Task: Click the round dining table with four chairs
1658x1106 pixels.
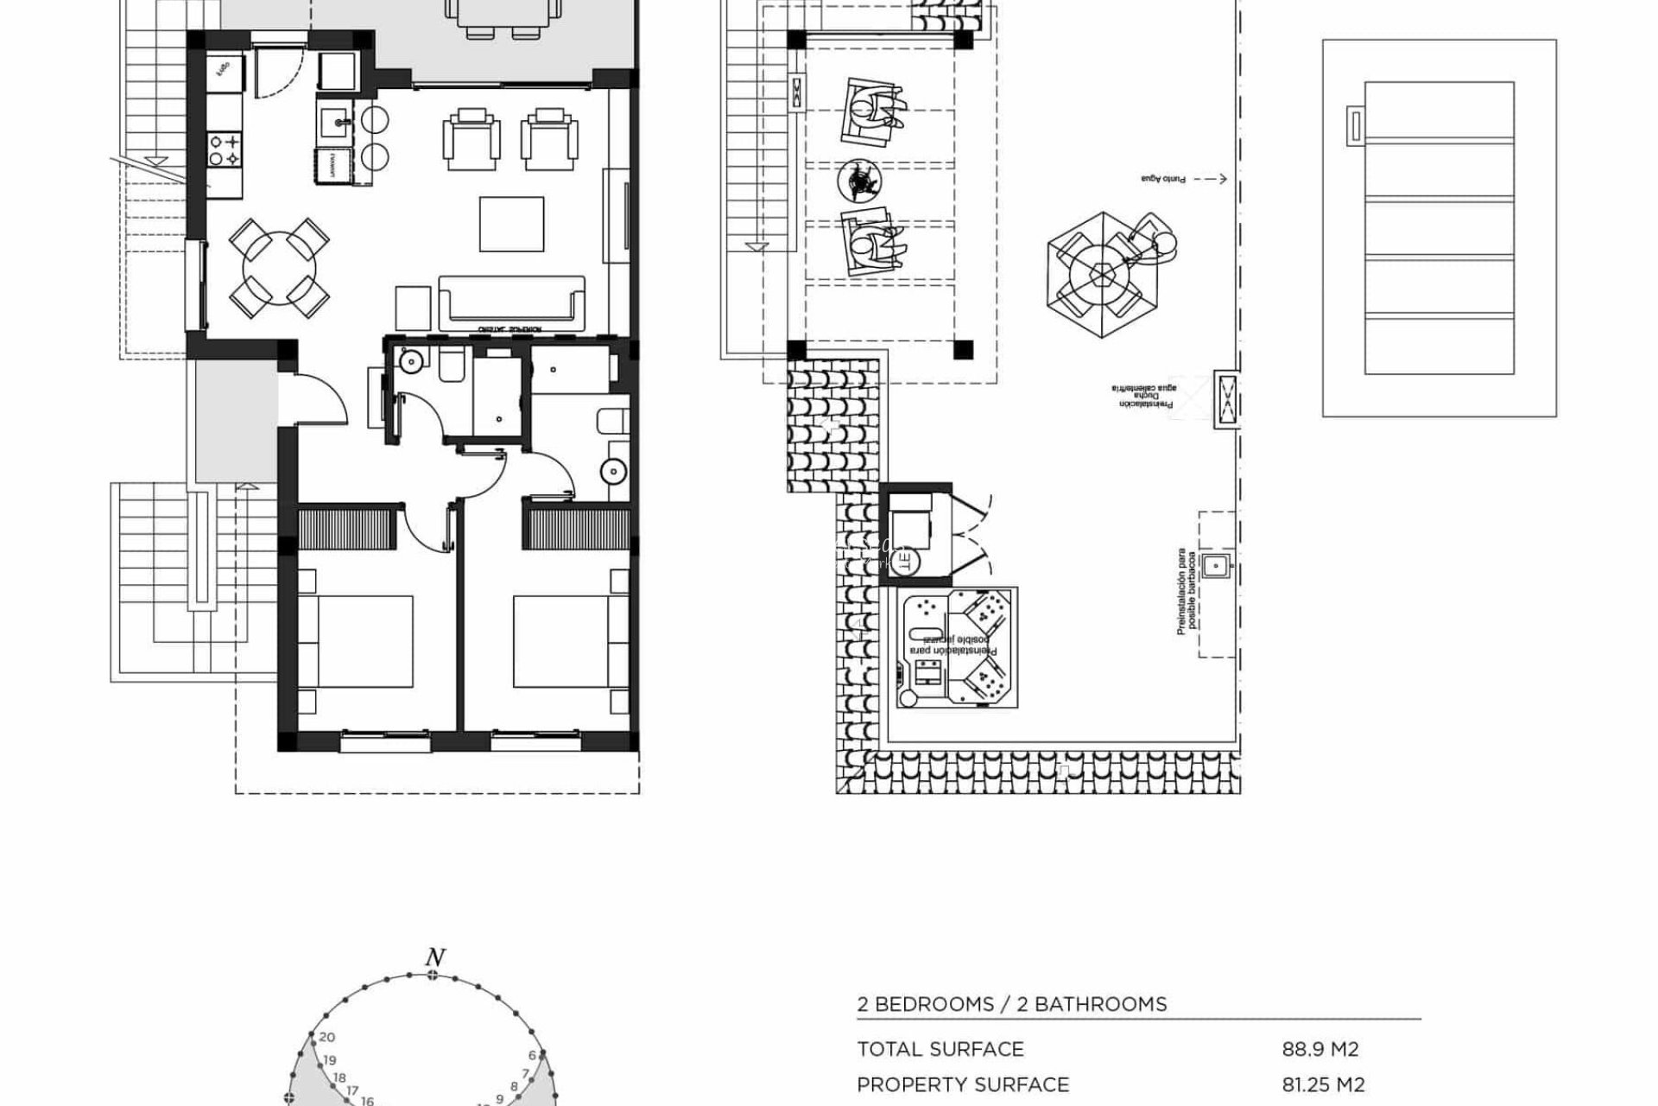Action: pyautogui.click(x=278, y=268)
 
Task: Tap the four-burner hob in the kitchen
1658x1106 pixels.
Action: pyautogui.click(x=223, y=149)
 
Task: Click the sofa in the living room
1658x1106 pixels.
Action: pyautogui.click(x=511, y=302)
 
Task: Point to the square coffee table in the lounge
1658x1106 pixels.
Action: pyautogui.click(x=511, y=225)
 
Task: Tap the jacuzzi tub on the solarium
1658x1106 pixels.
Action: pyautogui.click(x=957, y=647)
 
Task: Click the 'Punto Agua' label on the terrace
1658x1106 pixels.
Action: pyautogui.click(x=1163, y=179)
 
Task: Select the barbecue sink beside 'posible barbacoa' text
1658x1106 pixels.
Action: pyautogui.click(x=1216, y=566)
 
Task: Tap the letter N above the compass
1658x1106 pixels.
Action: pyautogui.click(x=435, y=957)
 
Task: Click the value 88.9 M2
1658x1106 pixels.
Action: pyautogui.click(x=1320, y=1049)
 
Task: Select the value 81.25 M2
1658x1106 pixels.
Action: pyautogui.click(x=1323, y=1084)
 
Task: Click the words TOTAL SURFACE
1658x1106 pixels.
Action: pyautogui.click(x=940, y=1049)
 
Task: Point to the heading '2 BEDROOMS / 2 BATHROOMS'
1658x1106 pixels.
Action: pyautogui.click(x=1012, y=1004)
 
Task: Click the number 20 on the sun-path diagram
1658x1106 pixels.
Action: pyautogui.click(x=326, y=1038)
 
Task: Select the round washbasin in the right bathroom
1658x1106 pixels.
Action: pyautogui.click(x=614, y=471)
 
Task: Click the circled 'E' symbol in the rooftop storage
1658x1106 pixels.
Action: pyautogui.click(x=905, y=562)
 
